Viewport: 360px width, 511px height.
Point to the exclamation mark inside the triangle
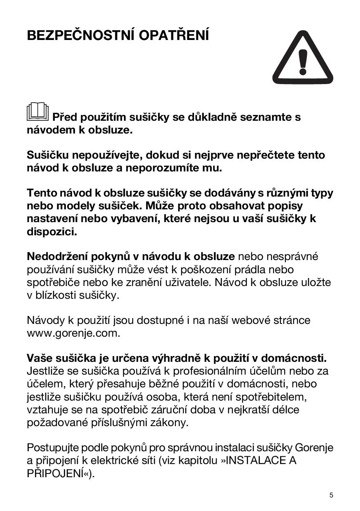303,63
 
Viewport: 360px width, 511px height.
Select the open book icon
37,112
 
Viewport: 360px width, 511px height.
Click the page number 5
331,495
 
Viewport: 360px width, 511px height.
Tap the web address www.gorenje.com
73,333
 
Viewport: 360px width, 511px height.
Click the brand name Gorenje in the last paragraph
314,447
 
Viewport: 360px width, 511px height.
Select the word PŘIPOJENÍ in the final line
57,473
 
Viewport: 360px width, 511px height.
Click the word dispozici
52,232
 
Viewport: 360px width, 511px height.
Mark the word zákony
169,423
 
